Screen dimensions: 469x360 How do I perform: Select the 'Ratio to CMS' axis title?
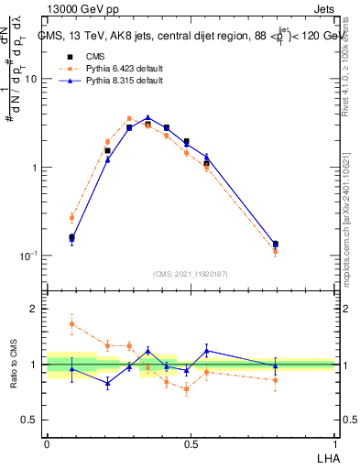pyautogui.click(x=11, y=365)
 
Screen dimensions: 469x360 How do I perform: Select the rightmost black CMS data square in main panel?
pyautogui.click(x=276, y=244)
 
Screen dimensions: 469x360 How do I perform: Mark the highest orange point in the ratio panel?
pyautogui.click(x=72, y=323)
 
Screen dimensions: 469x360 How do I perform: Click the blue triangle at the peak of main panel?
pyautogui.click(x=147, y=118)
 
